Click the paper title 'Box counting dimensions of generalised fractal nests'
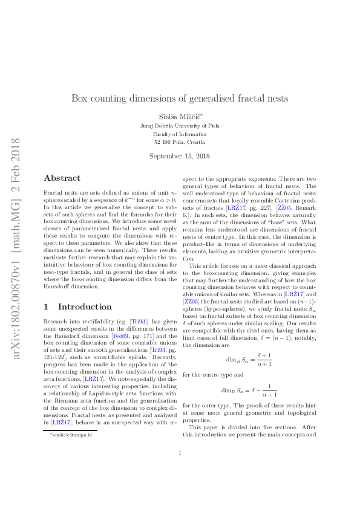tap(180, 98)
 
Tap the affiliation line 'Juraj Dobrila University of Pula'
tap(180, 125)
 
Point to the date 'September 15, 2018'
tap(180, 156)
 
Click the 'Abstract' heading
tap(62, 178)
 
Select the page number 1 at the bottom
tap(180, 469)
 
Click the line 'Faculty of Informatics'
tap(180, 134)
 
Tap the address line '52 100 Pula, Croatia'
tap(180, 142)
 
